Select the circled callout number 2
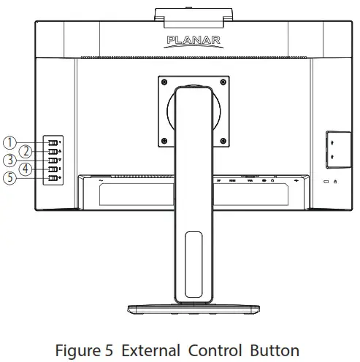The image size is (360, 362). click(x=26, y=151)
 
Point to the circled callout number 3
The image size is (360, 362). click(x=10, y=160)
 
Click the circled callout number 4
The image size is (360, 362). click(x=26, y=169)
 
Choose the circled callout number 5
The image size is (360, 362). click(x=10, y=178)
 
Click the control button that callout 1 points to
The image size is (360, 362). click(x=53, y=142)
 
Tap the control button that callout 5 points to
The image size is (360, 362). click(x=53, y=178)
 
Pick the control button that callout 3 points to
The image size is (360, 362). click(x=53, y=160)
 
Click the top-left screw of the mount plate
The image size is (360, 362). click(x=164, y=82)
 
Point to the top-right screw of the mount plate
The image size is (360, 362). click(x=213, y=82)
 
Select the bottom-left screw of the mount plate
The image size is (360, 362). click(x=164, y=140)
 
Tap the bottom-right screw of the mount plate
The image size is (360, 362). click(x=213, y=140)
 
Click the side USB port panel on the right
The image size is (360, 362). click(x=332, y=147)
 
